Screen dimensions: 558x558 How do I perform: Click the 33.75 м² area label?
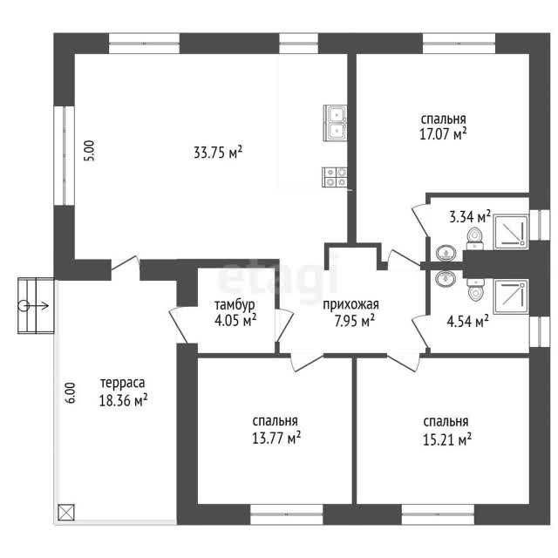click(218, 153)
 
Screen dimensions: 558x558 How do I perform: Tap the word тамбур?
click(235, 306)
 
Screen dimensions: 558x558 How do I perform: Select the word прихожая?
click(350, 305)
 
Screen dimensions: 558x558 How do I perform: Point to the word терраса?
click(123, 384)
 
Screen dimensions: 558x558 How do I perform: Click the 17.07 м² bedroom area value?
click(443, 134)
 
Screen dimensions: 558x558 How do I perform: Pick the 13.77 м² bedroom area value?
click(276, 438)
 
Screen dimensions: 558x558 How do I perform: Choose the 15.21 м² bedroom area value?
click(447, 439)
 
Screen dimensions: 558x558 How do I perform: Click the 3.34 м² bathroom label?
click(470, 217)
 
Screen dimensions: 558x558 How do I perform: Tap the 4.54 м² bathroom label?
click(467, 322)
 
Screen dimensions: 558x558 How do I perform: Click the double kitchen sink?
click(335, 123)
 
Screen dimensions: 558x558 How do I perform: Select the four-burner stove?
click(335, 177)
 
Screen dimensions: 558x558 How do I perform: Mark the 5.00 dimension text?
click(90, 151)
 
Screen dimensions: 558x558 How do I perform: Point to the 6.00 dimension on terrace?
click(70, 393)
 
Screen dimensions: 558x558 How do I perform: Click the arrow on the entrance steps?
click(35, 305)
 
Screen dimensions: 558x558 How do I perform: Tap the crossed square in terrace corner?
click(66, 514)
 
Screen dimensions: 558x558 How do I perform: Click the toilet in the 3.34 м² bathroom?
click(474, 239)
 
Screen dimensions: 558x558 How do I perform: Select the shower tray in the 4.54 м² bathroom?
click(510, 296)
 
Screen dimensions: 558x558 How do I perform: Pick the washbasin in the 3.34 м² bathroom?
click(446, 252)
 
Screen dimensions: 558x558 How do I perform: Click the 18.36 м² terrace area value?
click(123, 401)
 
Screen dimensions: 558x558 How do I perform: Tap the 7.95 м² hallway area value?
click(354, 322)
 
